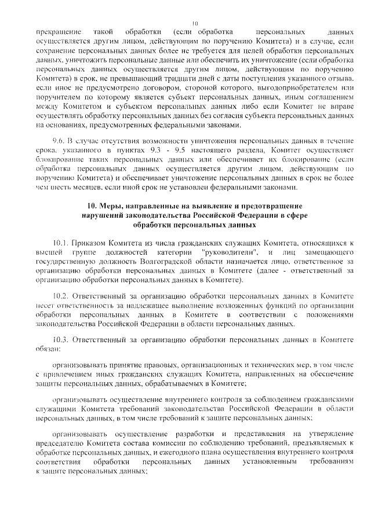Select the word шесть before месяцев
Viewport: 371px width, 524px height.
coord(61,186)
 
